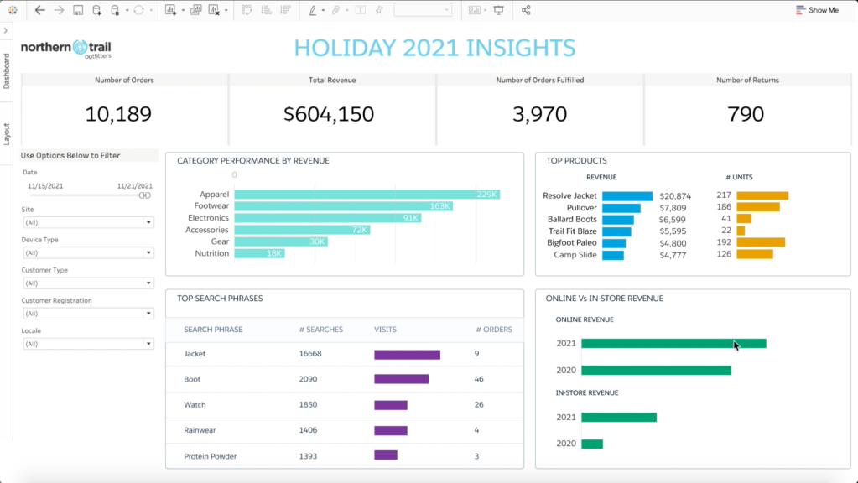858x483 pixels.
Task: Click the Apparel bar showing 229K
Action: point(367,195)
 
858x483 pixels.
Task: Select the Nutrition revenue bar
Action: point(259,253)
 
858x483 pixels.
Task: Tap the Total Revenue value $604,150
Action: point(329,114)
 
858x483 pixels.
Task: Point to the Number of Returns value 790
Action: point(746,114)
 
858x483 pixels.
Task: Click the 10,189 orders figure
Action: point(119,114)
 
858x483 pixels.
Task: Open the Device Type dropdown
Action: point(88,252)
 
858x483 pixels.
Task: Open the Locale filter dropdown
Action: point(88,344)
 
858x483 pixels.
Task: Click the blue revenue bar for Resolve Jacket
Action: point(627,196)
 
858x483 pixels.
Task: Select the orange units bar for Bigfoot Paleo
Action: point(761,243)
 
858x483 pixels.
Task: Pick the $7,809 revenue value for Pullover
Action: point(673,208)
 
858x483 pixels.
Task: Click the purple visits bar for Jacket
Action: point(407,355)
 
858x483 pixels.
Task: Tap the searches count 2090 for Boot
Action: point(309,380)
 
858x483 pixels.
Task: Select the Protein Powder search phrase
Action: point(210,456)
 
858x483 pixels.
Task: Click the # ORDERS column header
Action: point(493,330)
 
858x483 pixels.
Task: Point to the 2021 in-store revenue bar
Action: point(618,418)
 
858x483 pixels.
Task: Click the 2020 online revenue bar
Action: point(655,370)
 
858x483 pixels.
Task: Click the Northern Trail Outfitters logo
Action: point(65,49)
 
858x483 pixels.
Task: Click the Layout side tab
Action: point(7,134)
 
